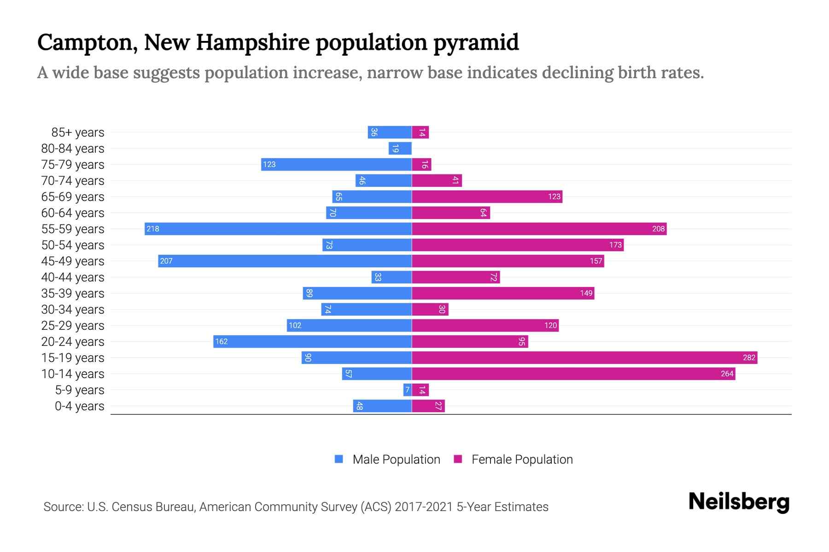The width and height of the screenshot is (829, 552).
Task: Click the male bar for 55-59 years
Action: coord(278,229)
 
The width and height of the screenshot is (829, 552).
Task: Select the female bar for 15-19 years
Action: coord(584,357)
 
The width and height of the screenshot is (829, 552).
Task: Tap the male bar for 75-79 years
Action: coord(336,164)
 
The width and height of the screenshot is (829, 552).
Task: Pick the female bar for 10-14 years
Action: coord(573,374)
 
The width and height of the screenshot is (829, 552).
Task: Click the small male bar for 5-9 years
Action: coord(407,390)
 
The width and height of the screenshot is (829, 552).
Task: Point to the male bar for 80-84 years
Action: coord(400,148)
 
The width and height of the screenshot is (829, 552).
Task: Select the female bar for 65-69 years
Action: coord(487,196)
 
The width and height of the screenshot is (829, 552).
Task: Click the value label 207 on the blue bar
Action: coord(166,261)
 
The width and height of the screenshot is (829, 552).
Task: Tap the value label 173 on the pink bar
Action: coord(615,245)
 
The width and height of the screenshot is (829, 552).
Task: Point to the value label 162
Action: coord(222,341)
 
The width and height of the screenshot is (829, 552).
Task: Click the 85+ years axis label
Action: coord(78,132)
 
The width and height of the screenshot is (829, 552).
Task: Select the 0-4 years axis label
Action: coord(79,406)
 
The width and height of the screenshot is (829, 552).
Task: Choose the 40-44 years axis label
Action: coord(73,277)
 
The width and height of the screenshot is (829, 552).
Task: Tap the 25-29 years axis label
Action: coord(73,326)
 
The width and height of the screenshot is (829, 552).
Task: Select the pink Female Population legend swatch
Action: coord(458,459)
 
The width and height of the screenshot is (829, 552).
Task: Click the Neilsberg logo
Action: coord(739,502)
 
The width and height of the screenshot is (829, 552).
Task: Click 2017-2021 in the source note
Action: coord(423,507)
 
